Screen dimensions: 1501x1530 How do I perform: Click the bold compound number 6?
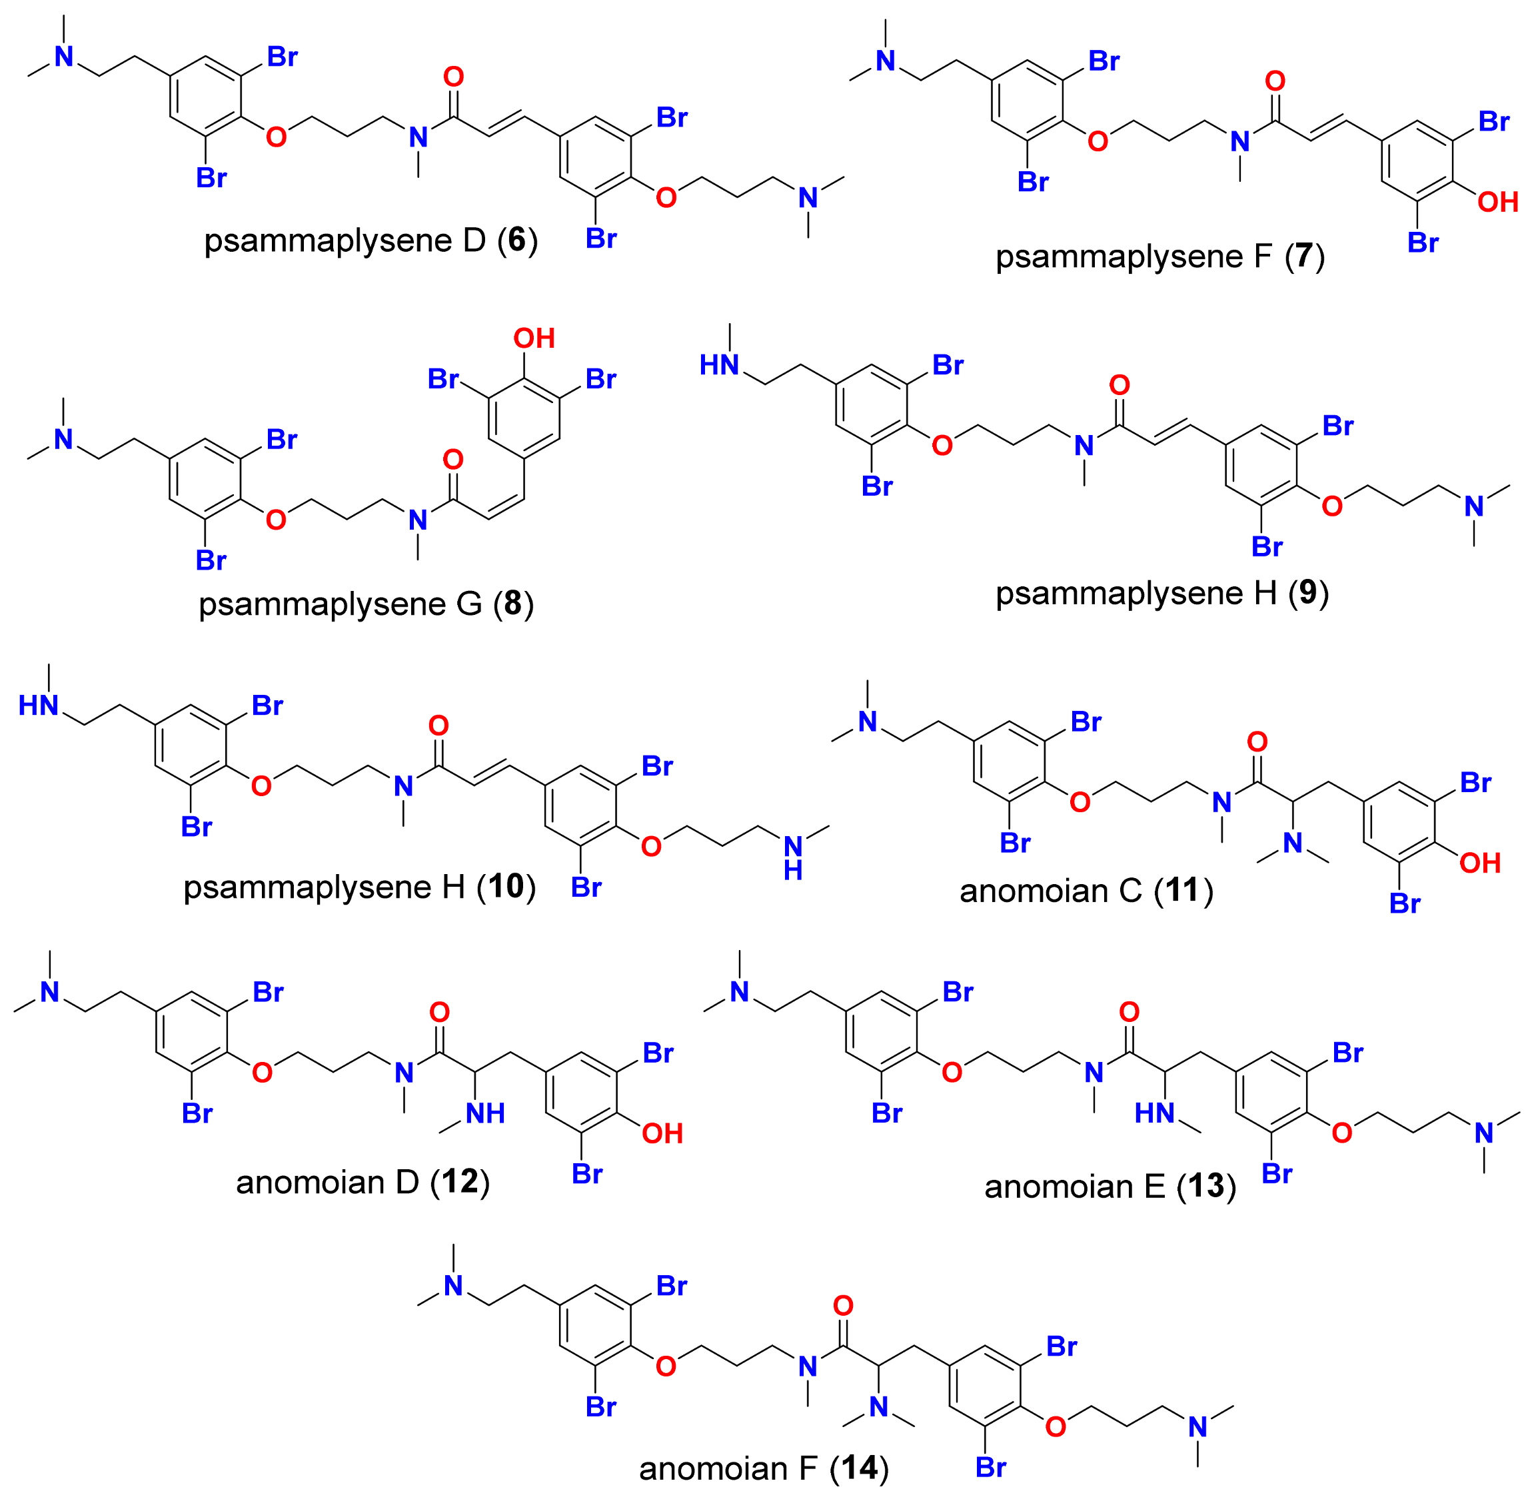click(x=516, y=241)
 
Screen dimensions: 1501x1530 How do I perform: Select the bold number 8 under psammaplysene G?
click(x=513, y=604)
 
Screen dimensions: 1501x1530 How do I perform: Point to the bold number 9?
click(x=1308, y=593)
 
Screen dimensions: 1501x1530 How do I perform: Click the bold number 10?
click(x=506, y=887)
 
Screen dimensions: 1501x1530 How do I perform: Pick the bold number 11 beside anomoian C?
click(x=1183, y=891)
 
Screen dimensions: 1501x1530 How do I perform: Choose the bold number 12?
click(x=460, y=1182)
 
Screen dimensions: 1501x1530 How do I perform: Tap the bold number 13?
click(x=1206, y=1187)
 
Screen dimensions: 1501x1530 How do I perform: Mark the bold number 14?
click(x=859, y=1468)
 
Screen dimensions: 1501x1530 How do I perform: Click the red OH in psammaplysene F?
click(x=1497, y=203)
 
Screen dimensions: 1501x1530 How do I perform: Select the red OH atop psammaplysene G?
click(x=534, y=339)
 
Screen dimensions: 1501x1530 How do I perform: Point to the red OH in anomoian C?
click(x=1479, y=863)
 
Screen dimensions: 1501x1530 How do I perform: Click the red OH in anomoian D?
click(x=662, y=1134)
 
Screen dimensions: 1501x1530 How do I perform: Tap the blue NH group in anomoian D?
click(x=485, y=1113)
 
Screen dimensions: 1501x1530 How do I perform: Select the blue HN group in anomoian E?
click(x=1155, y=1113)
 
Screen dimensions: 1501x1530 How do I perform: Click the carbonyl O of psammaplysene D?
click(x=454, y=77)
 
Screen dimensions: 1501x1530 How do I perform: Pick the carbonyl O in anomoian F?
click(x=843, y=1306)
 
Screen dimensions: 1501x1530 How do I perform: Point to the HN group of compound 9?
click(x=719, y=365)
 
